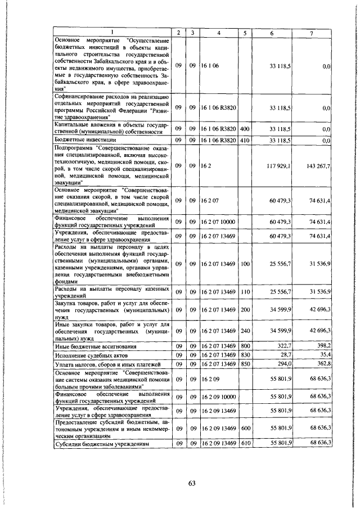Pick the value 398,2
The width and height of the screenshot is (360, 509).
pyautogui.click(x=322, y=346)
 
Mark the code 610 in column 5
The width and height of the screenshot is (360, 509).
pyautogui.click(x=245, y=444)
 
